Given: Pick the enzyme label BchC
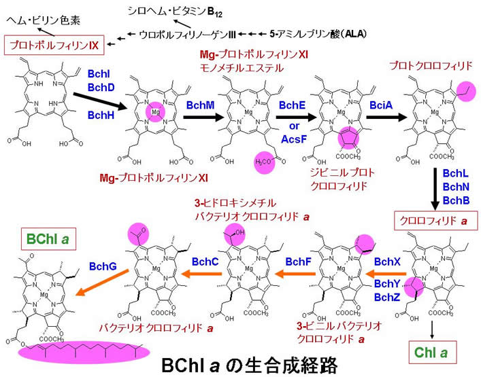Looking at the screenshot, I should click(x=204, y=260).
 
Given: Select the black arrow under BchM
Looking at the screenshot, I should click(x=201, y=117).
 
